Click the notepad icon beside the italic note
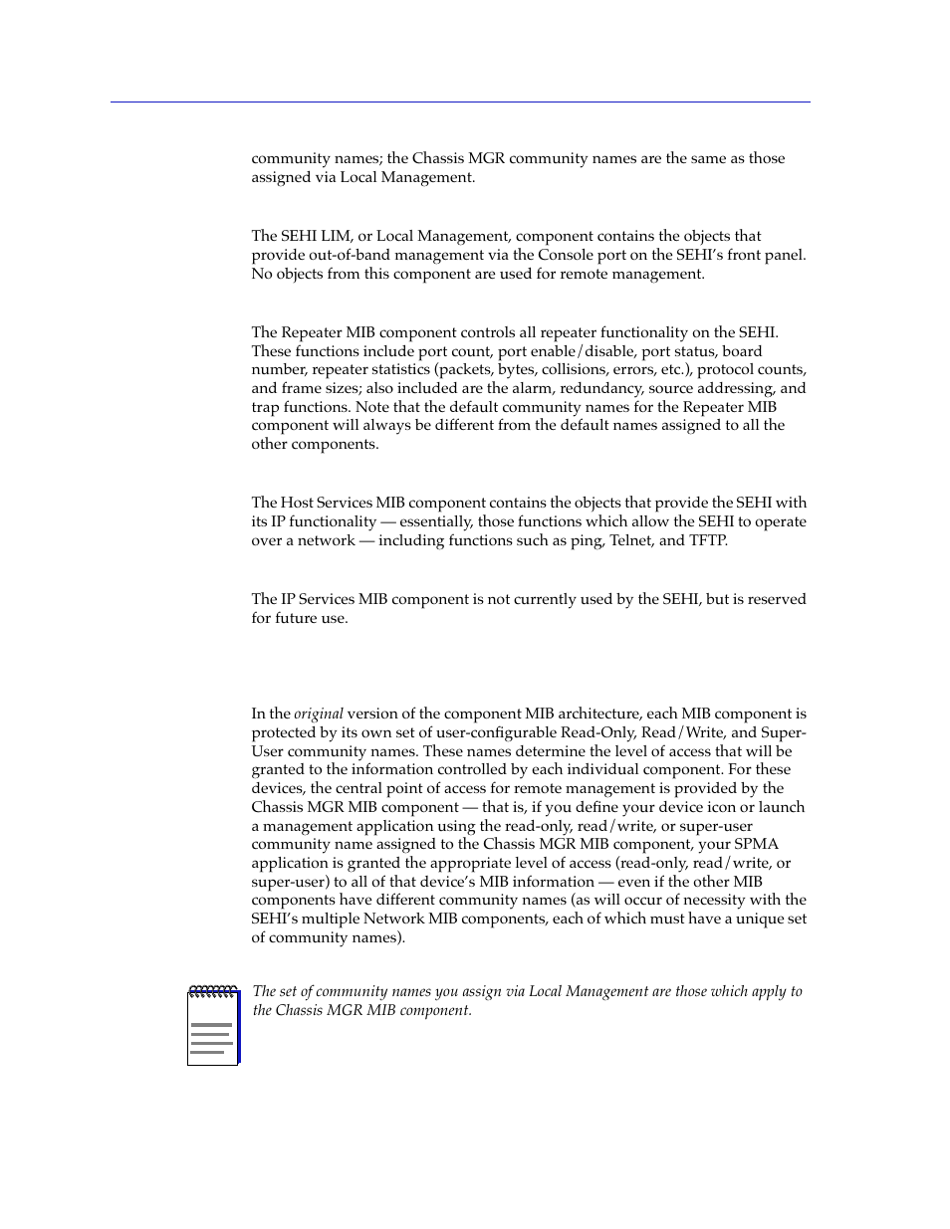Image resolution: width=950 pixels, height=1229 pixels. click(213, 1026)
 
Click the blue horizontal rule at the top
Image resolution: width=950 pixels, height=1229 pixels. click(460, 102)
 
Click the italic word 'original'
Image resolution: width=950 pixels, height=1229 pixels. click(319, 714)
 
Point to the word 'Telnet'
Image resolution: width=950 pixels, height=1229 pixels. click(630, 540)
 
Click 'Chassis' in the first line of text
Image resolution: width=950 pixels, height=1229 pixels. click(437, 158)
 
